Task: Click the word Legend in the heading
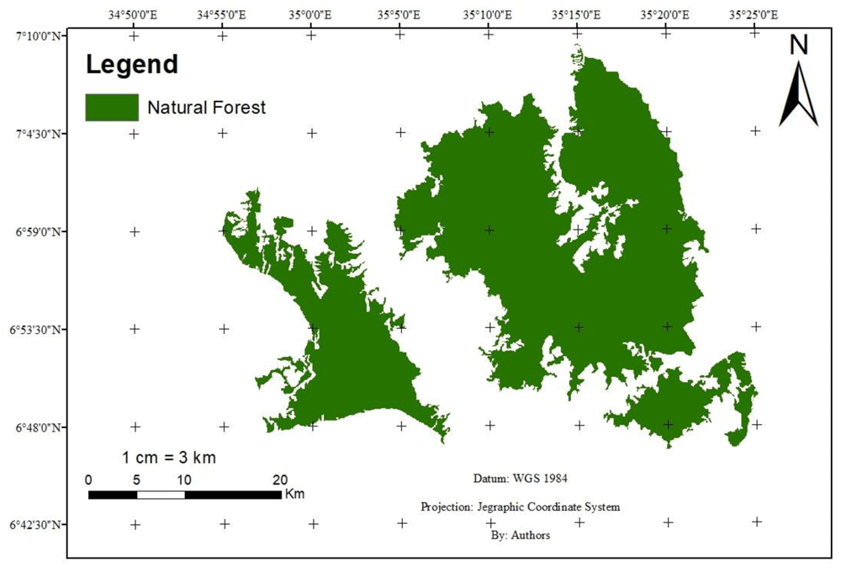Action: pyautogui.click(x=132, y=64)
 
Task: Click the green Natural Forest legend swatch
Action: pyautogui.click(x=111, y=107)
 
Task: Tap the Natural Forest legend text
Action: pyautogui.click(x=206, y=107)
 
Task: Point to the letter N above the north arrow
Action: pyautogui.click(x=798, y=46)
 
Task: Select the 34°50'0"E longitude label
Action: pyautogui.click(x=134, y=14)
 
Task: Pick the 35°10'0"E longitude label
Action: pyautogui.click(x=489, y=14)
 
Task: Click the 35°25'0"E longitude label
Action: pyautogui.click(x=755, y=14)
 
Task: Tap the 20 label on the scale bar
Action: pyautogui.click(x=280, y=479)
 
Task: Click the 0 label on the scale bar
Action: pyautogui.click(x=89, y=479)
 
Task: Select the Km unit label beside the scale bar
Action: pyautogui.click(x=294, y=493)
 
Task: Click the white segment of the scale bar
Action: pyautogui.click(x=161, y=495)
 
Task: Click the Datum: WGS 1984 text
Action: pyautogui.click(x=521, y=479)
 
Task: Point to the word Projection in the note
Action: pyautogui.click(x=446, y=507)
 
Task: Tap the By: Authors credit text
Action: pyautogui.click(x=520, y=535)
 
